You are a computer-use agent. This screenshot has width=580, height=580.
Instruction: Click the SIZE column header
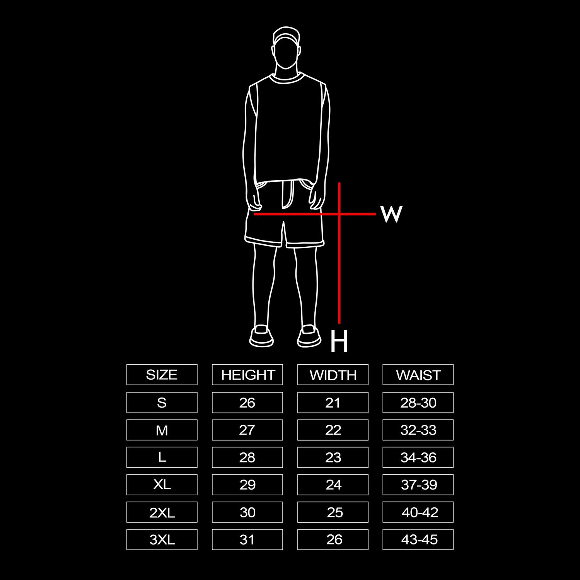pos(162,375)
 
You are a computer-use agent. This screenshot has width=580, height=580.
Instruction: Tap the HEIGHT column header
pos(247,375)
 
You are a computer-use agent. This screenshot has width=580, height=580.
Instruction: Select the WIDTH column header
pos(333,375)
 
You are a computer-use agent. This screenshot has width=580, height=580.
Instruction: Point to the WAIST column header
pos(418,375)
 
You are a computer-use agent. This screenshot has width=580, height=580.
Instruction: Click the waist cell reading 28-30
pos(418,403)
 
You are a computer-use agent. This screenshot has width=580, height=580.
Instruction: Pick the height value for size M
pos(247,430)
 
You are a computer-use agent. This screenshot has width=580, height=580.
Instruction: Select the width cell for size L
pos(333,457)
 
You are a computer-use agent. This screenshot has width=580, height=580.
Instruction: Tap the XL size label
pos(162,484)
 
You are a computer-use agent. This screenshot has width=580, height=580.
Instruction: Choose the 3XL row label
pos(162,539)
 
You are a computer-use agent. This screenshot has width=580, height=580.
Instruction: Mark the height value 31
pos(247,539)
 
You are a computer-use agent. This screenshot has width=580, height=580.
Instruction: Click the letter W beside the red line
pos(392,214)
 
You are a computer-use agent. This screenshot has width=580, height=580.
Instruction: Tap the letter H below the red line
pos(339,341)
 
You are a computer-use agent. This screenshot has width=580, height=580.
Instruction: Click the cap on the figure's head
pos(286,35)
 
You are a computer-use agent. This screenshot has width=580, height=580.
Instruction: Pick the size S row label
pos(162,403)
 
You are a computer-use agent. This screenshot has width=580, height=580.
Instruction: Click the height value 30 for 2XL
pos(247,512)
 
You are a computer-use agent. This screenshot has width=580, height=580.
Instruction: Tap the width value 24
pos(333,484)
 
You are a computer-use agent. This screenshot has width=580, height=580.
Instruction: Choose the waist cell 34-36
pos(418,457)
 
